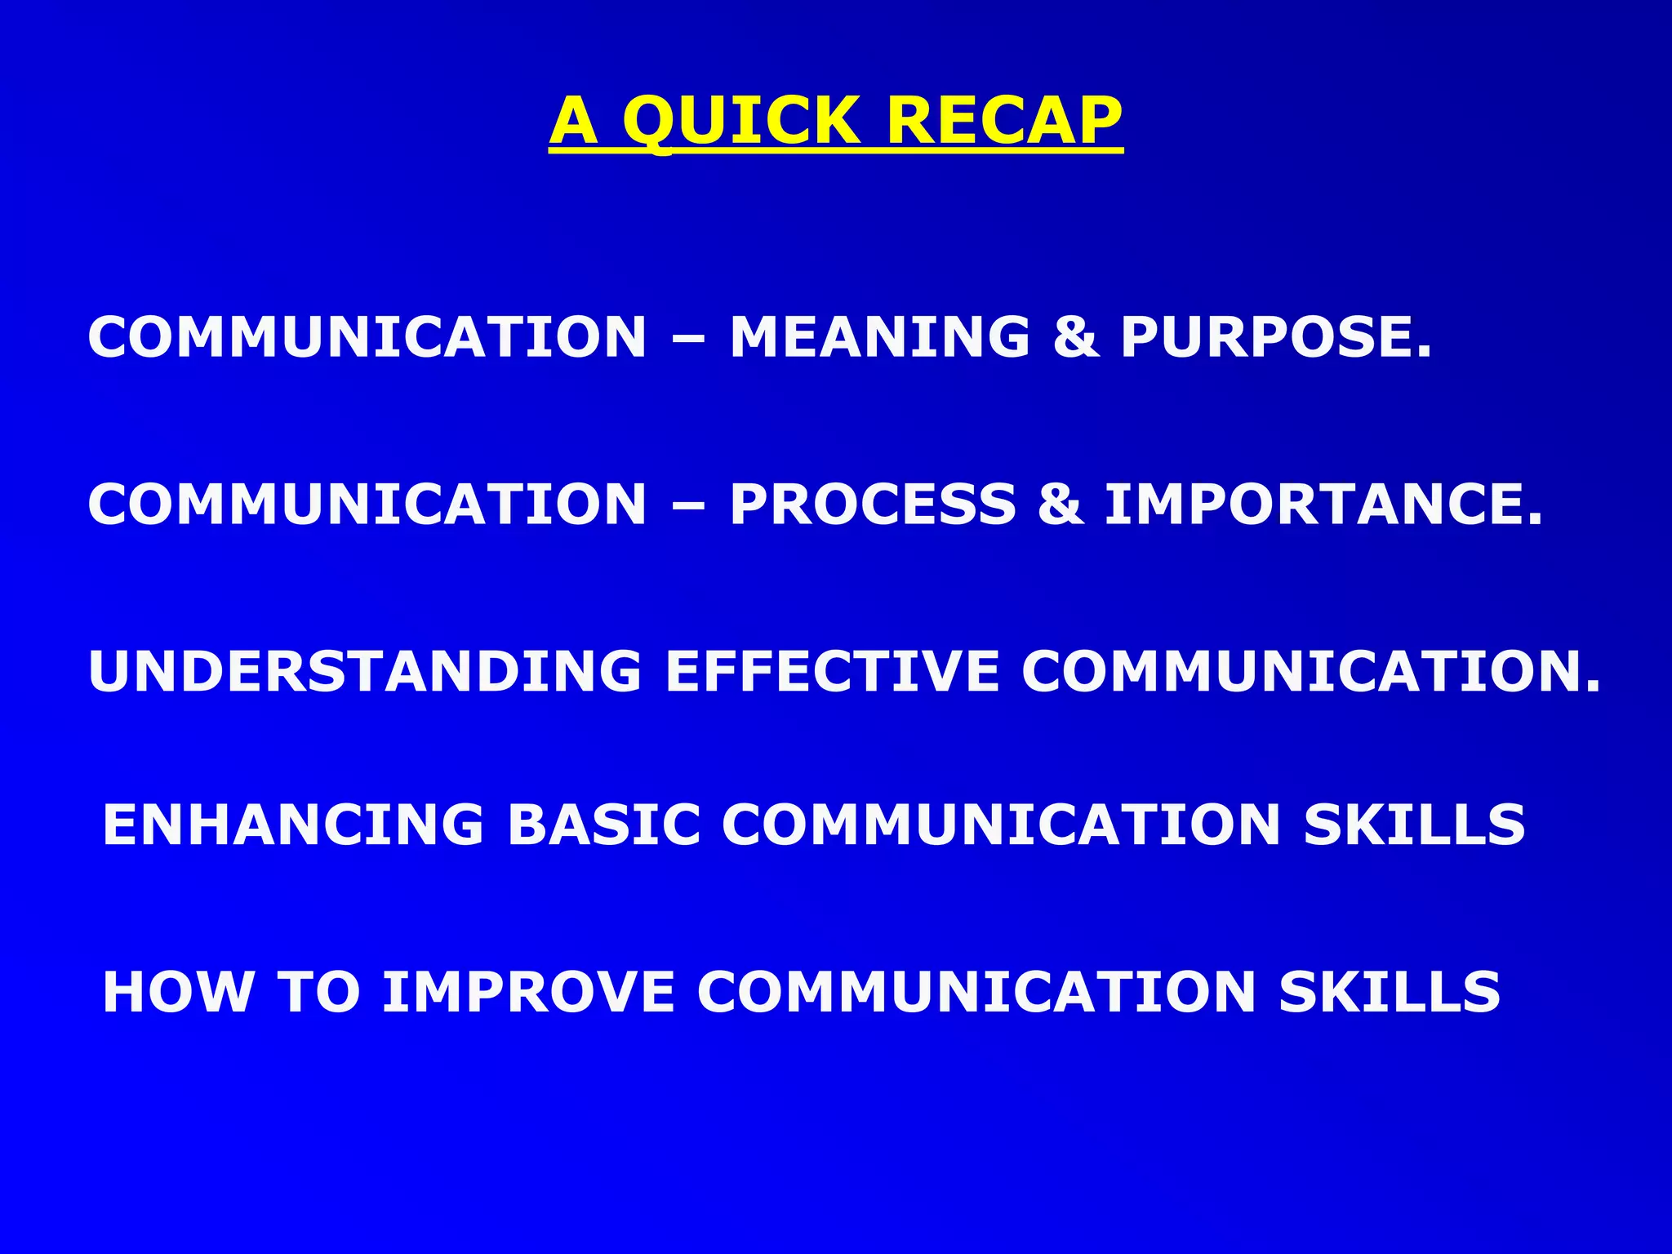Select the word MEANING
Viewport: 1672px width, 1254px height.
pyautogui.click(x=879, y=337)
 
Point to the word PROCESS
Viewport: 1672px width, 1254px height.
pyautogui.click(x=873, y=504)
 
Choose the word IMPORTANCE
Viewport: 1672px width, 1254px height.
pyautogui.click(x=1323, y=504)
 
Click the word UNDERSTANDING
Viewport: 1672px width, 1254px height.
pyautogui.click(x=365, y=672)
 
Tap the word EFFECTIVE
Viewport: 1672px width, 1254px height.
pyautogui.click(x=833, y=672)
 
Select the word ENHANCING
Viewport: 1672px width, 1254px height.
pyautogui.click(x=292, y=824)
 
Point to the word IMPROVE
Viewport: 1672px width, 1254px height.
pyautogui.click(x=528, y=992)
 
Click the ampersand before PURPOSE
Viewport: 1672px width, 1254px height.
pyautogui.click(x=1075, y=337)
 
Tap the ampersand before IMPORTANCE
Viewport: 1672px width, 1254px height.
pyautogui.click(x=1060, y=504)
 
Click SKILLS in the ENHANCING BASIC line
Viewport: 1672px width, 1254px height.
pyautogui.click(x=1414, y=824)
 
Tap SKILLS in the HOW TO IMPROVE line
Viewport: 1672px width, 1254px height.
pyautogui.click(x=1390, y=992)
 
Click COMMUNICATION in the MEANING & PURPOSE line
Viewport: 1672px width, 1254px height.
pyautogui.click(x=367, y=337)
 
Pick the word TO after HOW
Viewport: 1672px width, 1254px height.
pyautogui.click(x=319, y=992)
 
